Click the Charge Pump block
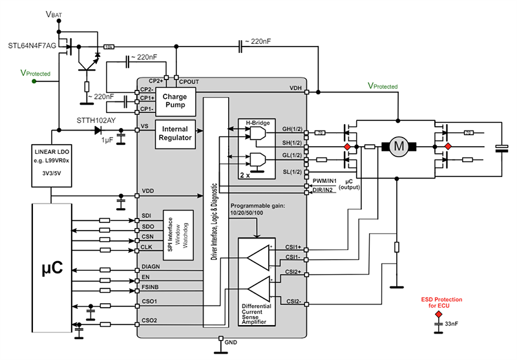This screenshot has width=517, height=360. click(174, 101)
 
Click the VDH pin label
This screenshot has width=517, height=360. click(297, 88)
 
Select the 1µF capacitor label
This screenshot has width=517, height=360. click(106, 142)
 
